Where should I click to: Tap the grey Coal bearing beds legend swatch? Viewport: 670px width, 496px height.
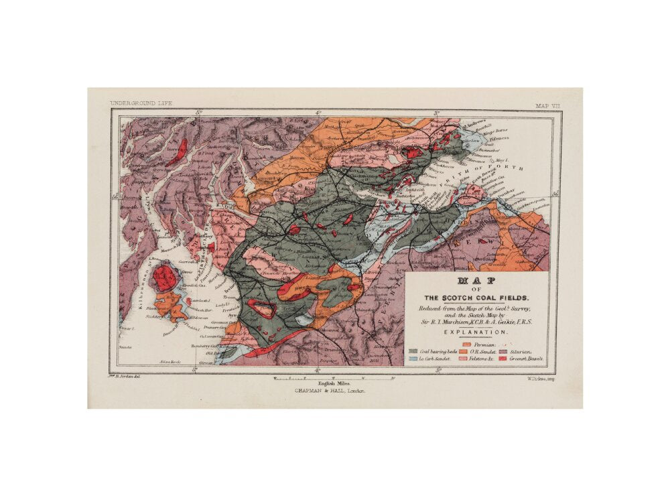tap(414, 351)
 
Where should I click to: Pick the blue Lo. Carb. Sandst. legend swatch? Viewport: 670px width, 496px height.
tap(414, 359)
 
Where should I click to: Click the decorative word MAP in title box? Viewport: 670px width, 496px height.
tap(476, 281)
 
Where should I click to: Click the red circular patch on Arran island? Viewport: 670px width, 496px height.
tap(163, 277)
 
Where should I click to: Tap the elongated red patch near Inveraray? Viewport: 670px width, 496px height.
tap(178, 153)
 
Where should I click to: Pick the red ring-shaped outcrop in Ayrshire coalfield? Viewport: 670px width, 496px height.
tap(262, 308)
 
